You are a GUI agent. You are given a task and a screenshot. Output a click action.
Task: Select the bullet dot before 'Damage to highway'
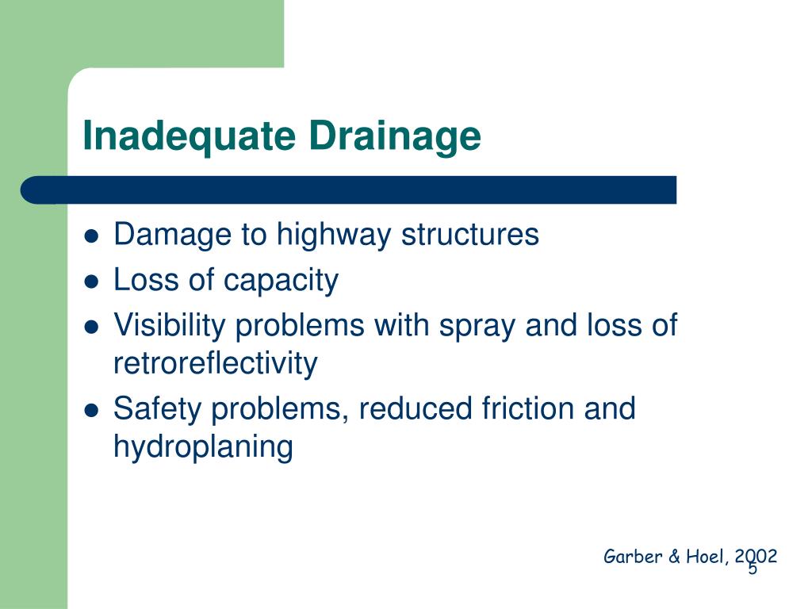pyautogui.click(x=91, y=236)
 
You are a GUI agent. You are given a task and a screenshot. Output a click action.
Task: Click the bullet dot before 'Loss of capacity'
pyautogui.click(x=91, y=282)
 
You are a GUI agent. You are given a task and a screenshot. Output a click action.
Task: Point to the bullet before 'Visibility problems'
pyautogui.click(x=91, y=327)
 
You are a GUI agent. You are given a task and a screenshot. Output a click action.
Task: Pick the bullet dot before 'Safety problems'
pyautogui.click(x=91, y=410)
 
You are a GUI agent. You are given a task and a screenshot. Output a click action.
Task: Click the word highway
pyautogui.click(x=334, y=236)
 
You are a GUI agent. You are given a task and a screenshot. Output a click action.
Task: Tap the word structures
pyautogui.click(x=470, y=234)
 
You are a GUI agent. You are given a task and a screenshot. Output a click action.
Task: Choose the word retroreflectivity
pyautogui.click(x=216, y=363)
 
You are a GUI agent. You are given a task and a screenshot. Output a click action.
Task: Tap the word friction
pyautogui.click(x=527, y=408)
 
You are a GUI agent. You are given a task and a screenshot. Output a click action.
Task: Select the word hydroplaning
pyautogui.click(x=203, y=447)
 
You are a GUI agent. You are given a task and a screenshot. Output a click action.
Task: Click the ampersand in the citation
pyautogui.click(x=674, y=557)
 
